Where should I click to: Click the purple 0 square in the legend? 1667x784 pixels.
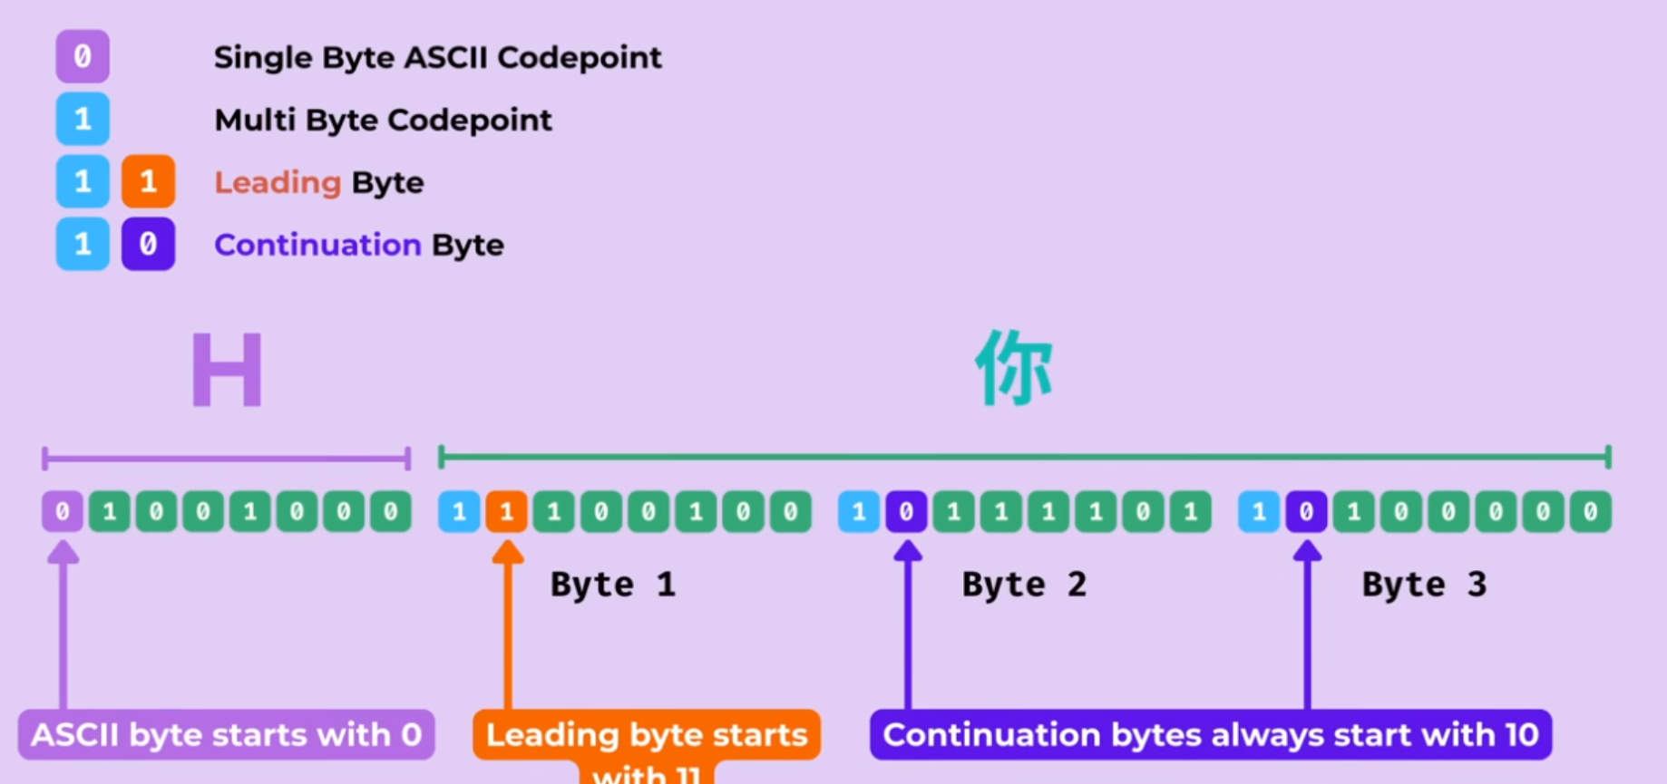tap(83, 56)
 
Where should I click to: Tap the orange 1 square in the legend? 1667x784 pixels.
tap(148, 181)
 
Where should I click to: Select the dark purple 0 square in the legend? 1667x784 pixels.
tap(148, 244)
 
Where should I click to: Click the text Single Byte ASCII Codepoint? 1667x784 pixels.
tap(437, 57)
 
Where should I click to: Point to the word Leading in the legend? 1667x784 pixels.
tap(278, 182)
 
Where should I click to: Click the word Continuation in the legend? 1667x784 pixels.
tap(317, 245)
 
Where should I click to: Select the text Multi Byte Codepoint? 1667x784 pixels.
tap(383, 120)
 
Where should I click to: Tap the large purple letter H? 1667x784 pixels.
tap(227, 371)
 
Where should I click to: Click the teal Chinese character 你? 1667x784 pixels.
tap(1014, 368)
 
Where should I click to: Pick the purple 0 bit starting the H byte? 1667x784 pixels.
tap(63, 512)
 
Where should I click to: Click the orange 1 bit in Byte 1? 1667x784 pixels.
tap(507, 512)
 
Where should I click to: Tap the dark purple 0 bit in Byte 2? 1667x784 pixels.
tap(906, 512)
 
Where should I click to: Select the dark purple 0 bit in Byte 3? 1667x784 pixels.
tap(1306, 512)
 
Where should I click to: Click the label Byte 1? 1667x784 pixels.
tap(613, 585)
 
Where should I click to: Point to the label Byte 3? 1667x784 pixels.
tap(1424, 585)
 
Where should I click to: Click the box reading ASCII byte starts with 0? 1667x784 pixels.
tap(226, 734)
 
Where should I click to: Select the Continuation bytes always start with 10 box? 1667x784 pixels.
tap(1210, 734)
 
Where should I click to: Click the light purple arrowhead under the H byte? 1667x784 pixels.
tap(63, 551)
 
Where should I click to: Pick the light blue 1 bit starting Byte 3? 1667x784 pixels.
tap(1259, 512)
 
